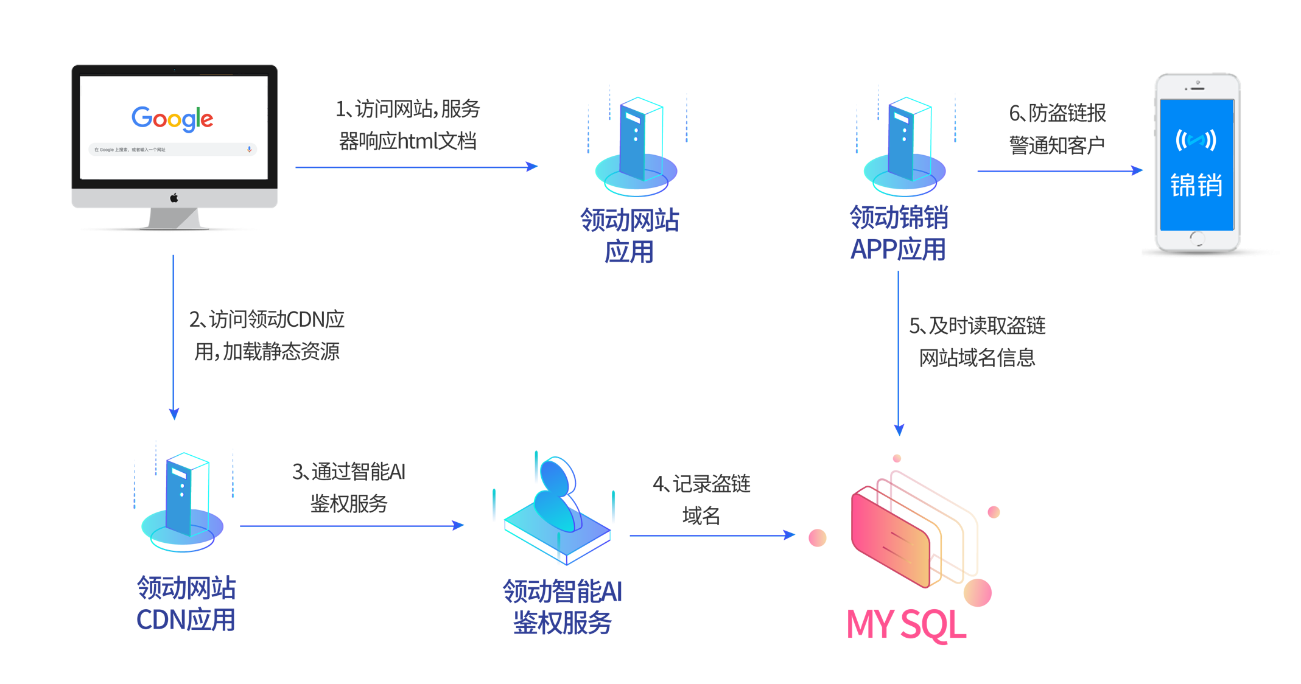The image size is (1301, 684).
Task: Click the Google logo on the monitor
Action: tap(172, 118)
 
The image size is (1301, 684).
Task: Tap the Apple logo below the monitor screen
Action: tap(174, 198)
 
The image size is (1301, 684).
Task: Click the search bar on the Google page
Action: tap(172, 149)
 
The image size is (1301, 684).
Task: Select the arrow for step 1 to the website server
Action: tap(416, 167)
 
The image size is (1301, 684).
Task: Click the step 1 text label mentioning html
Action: tap(408, 125)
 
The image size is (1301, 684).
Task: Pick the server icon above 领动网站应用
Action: tap(636, 146)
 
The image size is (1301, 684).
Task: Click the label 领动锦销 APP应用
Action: tap(899, 233)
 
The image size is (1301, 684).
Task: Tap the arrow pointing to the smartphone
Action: tap(1059, 171)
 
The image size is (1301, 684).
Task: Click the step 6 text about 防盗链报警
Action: tap(1057, 128)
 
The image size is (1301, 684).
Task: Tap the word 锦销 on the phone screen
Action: tap(1196, 185)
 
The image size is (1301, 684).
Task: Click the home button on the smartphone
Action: tap(1197, 238)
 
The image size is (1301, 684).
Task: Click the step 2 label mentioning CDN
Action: tap(267, 335)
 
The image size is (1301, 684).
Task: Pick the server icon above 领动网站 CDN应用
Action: tap(183, 502)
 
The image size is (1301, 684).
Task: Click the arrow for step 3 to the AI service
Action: tap(352, 526)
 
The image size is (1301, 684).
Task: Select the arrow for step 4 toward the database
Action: tap(712, 536)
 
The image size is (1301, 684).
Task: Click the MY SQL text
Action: tap(906, 624)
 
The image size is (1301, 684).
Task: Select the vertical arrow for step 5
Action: tap(899, 353)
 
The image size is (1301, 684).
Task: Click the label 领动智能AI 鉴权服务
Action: tap(562, 607)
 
